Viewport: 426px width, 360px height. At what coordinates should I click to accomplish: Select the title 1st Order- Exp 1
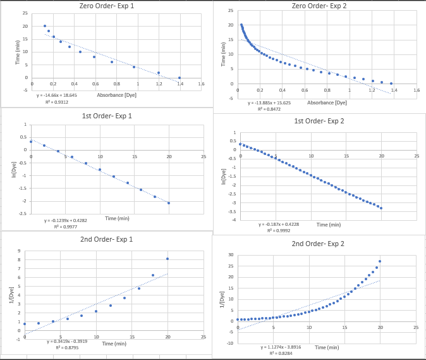tap(107, 116)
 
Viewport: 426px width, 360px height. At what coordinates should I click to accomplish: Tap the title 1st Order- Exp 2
tap(319, 121)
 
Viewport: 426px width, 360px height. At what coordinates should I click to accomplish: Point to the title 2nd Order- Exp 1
tap(107, 239)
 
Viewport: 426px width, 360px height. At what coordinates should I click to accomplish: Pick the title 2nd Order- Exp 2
tap(318, 244)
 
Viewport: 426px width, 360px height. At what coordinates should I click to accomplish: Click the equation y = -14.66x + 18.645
tap(57, 95)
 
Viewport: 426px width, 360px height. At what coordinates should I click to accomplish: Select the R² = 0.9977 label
tap(56, 226)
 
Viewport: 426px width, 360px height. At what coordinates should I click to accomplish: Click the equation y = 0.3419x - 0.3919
tap(67, 342)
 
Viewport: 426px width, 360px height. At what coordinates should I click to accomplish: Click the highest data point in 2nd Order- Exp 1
tap(167, 259)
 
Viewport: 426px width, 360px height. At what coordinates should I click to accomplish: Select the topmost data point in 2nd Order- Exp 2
tap(380, 261)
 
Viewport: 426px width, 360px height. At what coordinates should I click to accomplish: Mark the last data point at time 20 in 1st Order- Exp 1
tap(169, 203)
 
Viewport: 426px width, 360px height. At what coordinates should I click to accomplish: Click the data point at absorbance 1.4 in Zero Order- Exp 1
tap(180, 78)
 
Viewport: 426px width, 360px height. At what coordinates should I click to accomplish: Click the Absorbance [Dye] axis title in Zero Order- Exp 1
tap(116, 95)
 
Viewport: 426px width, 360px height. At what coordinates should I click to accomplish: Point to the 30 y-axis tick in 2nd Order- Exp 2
tap(231, 255)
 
